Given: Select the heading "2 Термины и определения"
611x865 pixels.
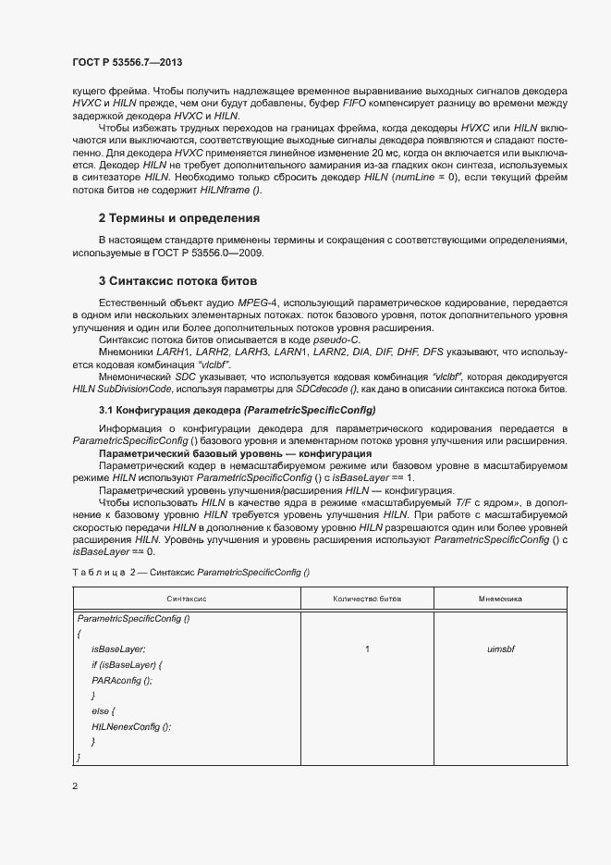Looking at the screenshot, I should tap(178, 218).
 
